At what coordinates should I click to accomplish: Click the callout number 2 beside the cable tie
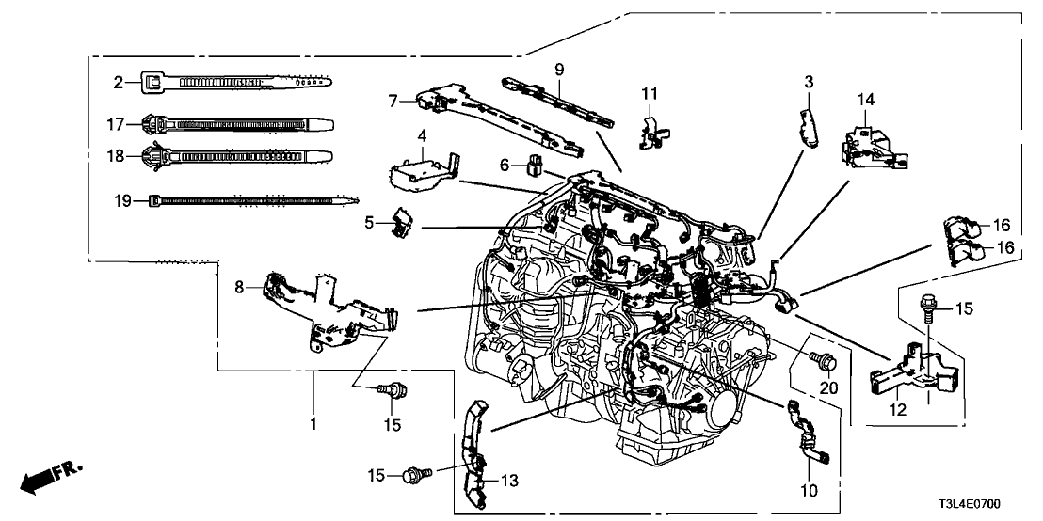tap(119, 83)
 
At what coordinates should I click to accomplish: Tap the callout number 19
tap(120, 199)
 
